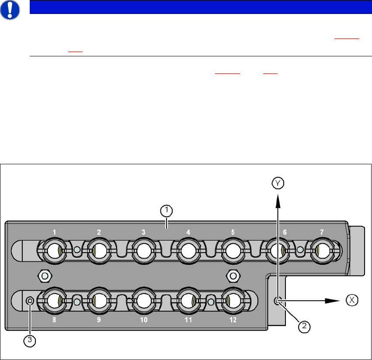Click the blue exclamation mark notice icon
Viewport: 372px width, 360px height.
pyautogui.click(x=10, y=10)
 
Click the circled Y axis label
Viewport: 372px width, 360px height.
pyautogui.click(x=278, y=183)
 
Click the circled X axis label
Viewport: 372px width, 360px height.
pyautogui.click(x=352, y=300)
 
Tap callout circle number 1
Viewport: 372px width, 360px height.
pyautogui.click(x=166, y=211)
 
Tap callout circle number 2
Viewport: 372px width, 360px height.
pyautogui.click(x=304, y=326)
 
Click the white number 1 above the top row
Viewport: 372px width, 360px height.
pyautogui.click(x=54, y=232)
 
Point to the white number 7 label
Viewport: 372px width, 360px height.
pyautogui.click(x=322, y=232)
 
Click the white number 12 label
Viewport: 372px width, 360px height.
pyautogui.click(x=233, y=320)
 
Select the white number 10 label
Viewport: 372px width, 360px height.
pyautogui.click(x=144, y=320)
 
